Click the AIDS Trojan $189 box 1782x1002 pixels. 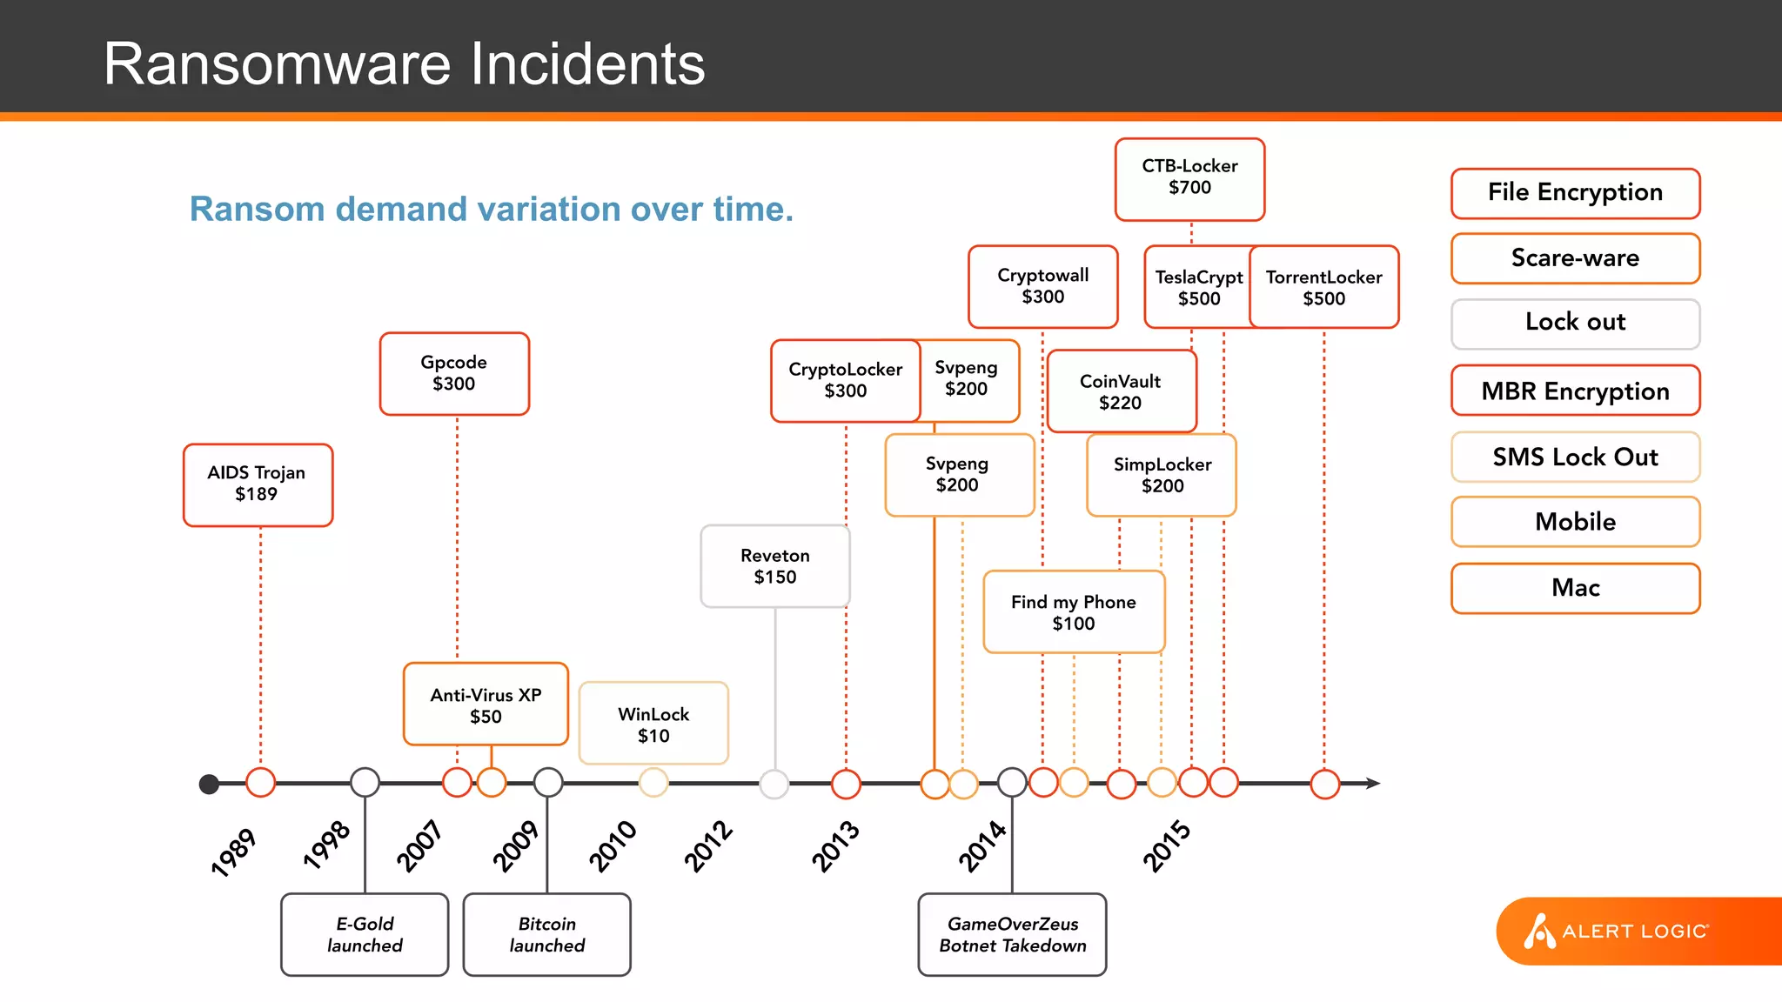coord(258,484)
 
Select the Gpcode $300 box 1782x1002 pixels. coord(454,373)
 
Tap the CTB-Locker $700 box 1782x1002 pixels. coord(1189,178)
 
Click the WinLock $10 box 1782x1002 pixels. coord(653,724)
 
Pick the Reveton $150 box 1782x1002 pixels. coord(774,566)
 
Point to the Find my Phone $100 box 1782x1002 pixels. coord(1073,612)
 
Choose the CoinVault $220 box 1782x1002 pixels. coord(1120,391)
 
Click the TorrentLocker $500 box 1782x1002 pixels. coord(1324,287)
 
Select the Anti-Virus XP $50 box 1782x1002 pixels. coord(486,705)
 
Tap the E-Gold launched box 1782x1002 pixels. coord(365,935)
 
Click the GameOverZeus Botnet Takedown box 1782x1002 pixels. coord(1012,935)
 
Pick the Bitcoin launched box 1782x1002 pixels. coord(546,935)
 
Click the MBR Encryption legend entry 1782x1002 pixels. coord(1575,391)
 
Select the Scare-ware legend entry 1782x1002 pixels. coord(1575,258)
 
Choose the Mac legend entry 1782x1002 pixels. coord(1575,588)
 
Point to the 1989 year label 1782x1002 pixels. coord(233,852)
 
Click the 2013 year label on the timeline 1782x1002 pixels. coord(835,845)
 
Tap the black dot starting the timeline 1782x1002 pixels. coord(209,785)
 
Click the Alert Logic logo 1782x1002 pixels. coord(1618,931)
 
